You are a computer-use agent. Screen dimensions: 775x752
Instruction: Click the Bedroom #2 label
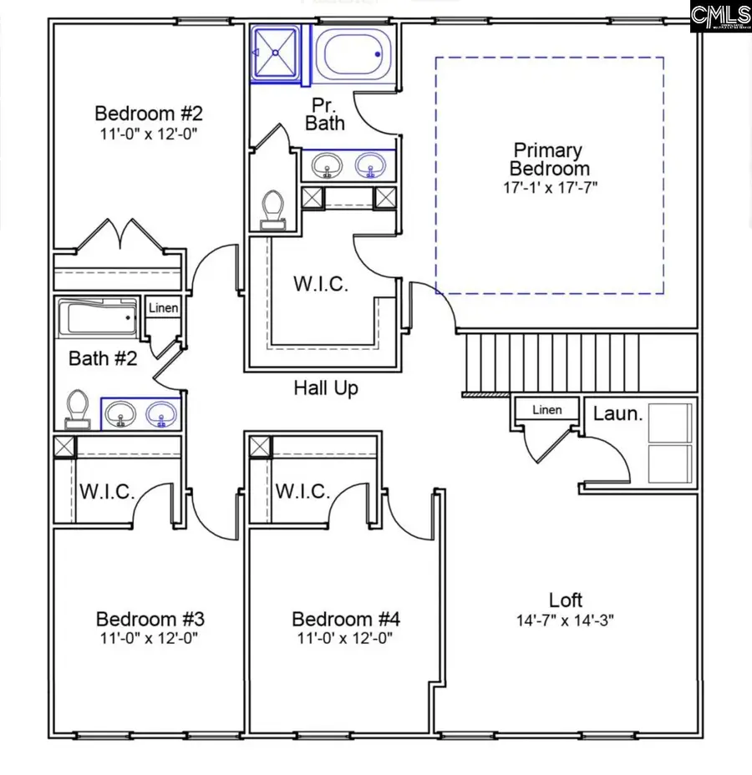[148, 113]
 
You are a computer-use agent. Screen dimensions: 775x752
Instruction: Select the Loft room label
[566, 600]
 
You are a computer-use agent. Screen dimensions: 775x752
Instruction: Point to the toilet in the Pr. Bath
[272, 208]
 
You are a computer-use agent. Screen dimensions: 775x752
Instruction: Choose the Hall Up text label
[326, 387]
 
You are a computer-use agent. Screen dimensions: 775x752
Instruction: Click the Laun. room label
[617, 413]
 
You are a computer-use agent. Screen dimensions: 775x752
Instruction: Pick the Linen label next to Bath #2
[163, 309]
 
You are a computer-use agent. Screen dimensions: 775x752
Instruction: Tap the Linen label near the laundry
[547, 409]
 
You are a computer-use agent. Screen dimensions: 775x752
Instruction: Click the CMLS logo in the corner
[719, 16]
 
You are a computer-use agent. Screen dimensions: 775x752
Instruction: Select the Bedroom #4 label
[345, 619]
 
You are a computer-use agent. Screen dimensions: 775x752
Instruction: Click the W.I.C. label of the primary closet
[320, 284]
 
